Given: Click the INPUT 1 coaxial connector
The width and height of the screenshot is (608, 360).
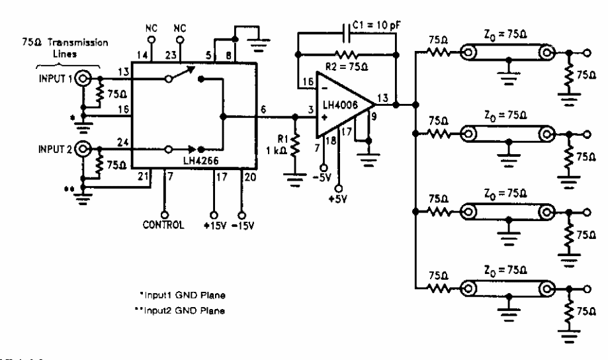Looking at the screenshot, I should coord(83,79).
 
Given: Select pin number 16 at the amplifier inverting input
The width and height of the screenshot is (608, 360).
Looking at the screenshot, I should coord(306,82).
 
